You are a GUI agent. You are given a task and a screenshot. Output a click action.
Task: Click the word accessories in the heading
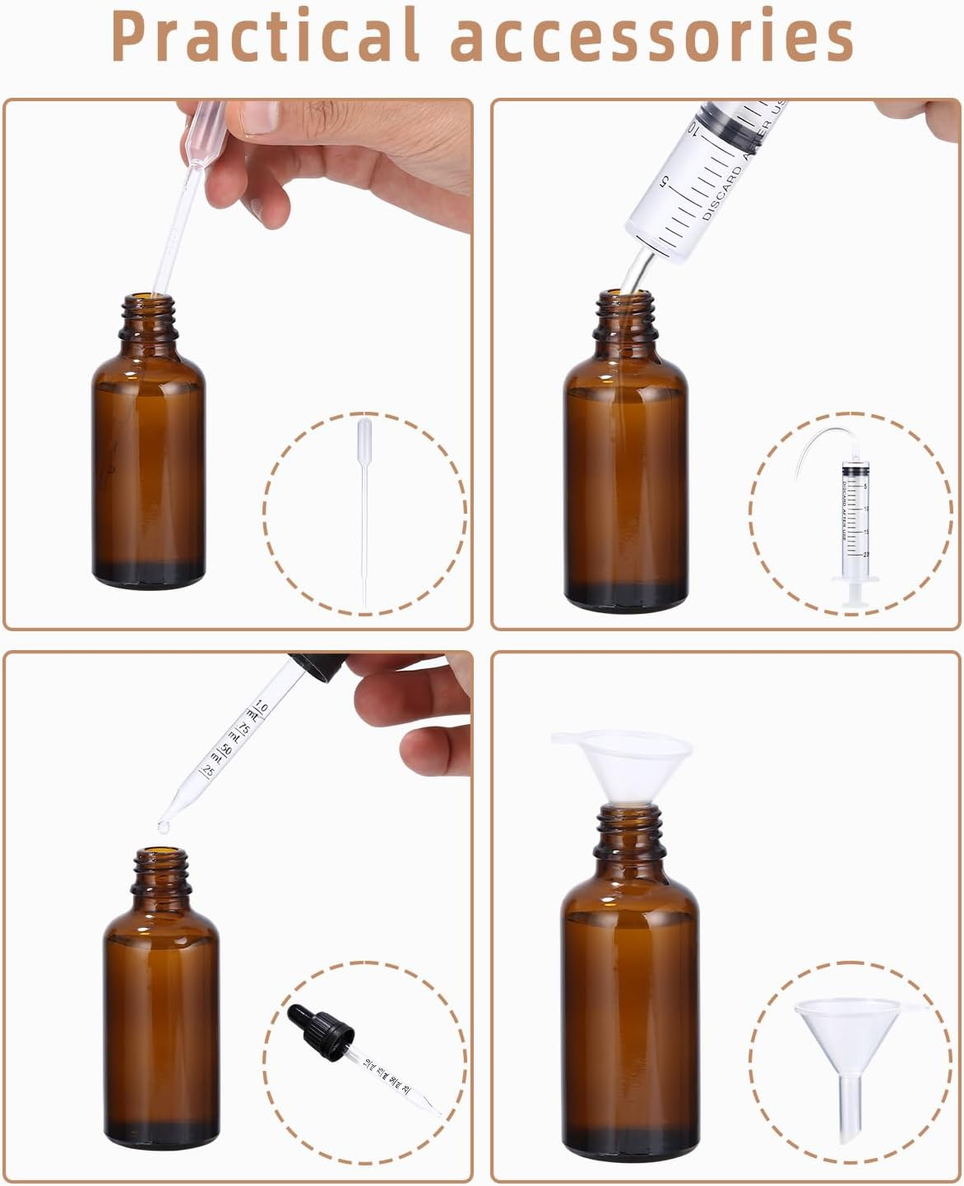coord(654,37)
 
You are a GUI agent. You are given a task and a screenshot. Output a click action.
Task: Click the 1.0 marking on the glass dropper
coord(262,708)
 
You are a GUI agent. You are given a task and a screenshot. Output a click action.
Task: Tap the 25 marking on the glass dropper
coord(208,771)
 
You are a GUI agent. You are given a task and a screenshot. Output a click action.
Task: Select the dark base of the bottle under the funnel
coord(625,1134)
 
